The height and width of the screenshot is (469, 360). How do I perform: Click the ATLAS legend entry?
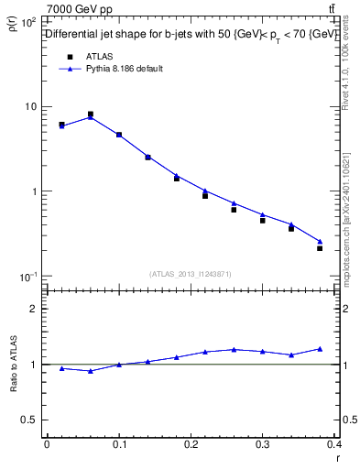[100, 57]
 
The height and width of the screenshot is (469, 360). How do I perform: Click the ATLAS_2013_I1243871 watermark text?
[191, 274]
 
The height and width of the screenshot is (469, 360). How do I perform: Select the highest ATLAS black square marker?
[90, 115]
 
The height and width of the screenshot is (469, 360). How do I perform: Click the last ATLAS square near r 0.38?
[320, 248]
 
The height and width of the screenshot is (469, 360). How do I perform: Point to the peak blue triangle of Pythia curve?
[90, 117]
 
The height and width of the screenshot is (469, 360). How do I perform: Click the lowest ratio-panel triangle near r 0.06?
[90, 371]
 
